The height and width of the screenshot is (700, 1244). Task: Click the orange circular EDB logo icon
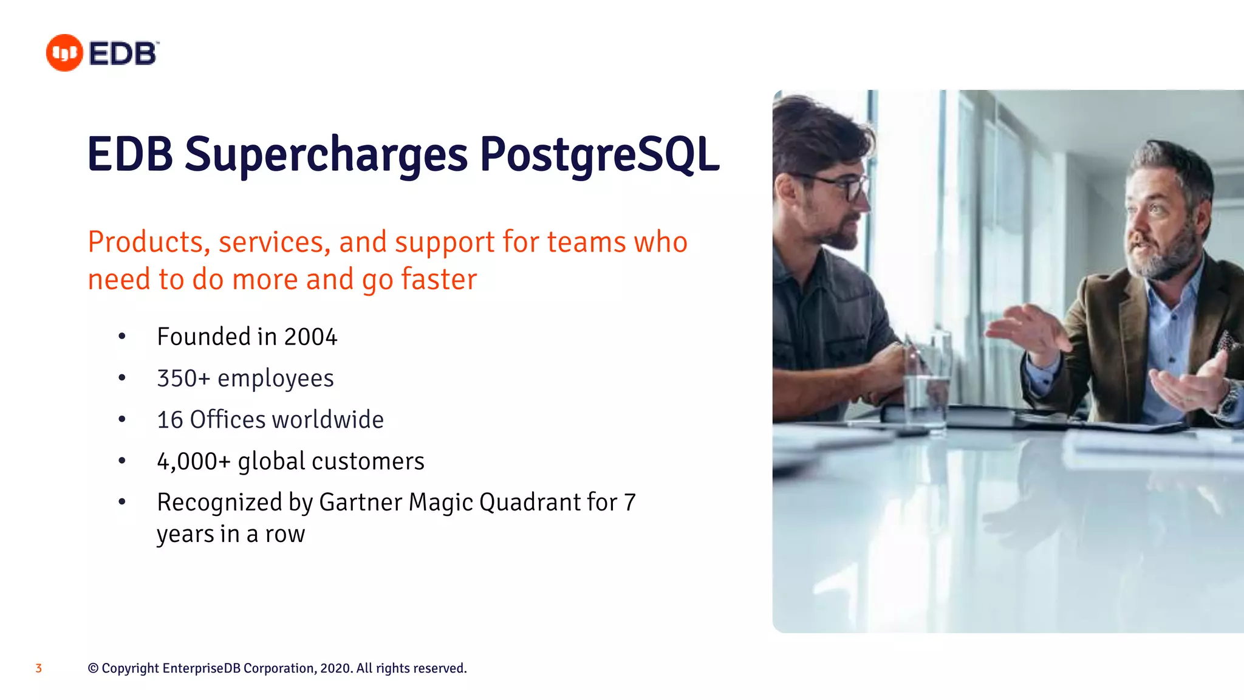coord(64,53)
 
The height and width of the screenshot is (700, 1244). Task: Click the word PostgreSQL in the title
coord(599,154)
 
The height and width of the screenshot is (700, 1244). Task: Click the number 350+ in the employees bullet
coord(183,378)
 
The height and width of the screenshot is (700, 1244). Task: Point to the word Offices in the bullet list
coord(227,419)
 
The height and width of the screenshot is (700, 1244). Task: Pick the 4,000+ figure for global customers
coord(193,461)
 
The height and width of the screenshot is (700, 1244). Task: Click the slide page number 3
coord(38,668)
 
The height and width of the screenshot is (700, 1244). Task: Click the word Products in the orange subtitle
coord(145,242)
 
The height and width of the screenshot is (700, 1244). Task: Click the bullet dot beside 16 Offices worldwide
coord(122,419)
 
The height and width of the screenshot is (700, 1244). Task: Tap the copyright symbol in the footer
coord(93,668)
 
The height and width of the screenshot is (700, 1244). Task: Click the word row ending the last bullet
coord(285,534)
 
